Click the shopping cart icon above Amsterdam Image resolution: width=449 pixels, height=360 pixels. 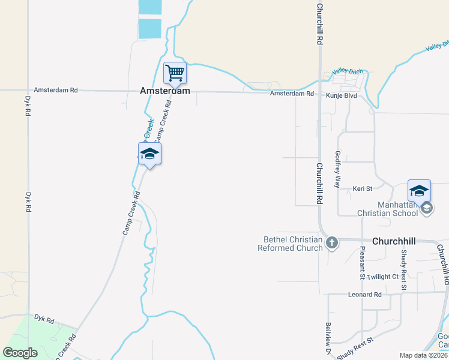(175, 74)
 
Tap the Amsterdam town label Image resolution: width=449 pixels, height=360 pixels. (165, 91)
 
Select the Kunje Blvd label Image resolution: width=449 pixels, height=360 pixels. (342, 95)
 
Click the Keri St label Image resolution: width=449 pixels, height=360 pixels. (363, 188)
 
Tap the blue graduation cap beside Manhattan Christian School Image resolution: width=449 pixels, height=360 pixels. (419, 191)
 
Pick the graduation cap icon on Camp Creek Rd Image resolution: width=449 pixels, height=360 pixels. (149, 154)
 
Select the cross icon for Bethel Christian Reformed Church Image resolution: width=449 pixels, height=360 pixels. (331, 243)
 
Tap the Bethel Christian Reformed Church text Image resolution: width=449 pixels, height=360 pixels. (290, 244)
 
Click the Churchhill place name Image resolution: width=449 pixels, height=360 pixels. (394, 241)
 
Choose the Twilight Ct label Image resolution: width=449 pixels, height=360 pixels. (383, 277)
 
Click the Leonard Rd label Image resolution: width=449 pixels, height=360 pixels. (364, 295)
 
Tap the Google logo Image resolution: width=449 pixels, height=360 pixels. (20, 353)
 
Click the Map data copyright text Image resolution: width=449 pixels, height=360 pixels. (424, 355)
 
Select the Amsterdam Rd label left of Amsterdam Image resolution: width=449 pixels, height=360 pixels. (56, 90)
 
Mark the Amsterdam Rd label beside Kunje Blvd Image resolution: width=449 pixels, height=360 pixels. (292, 94)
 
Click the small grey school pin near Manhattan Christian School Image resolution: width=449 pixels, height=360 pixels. (427, 208)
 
